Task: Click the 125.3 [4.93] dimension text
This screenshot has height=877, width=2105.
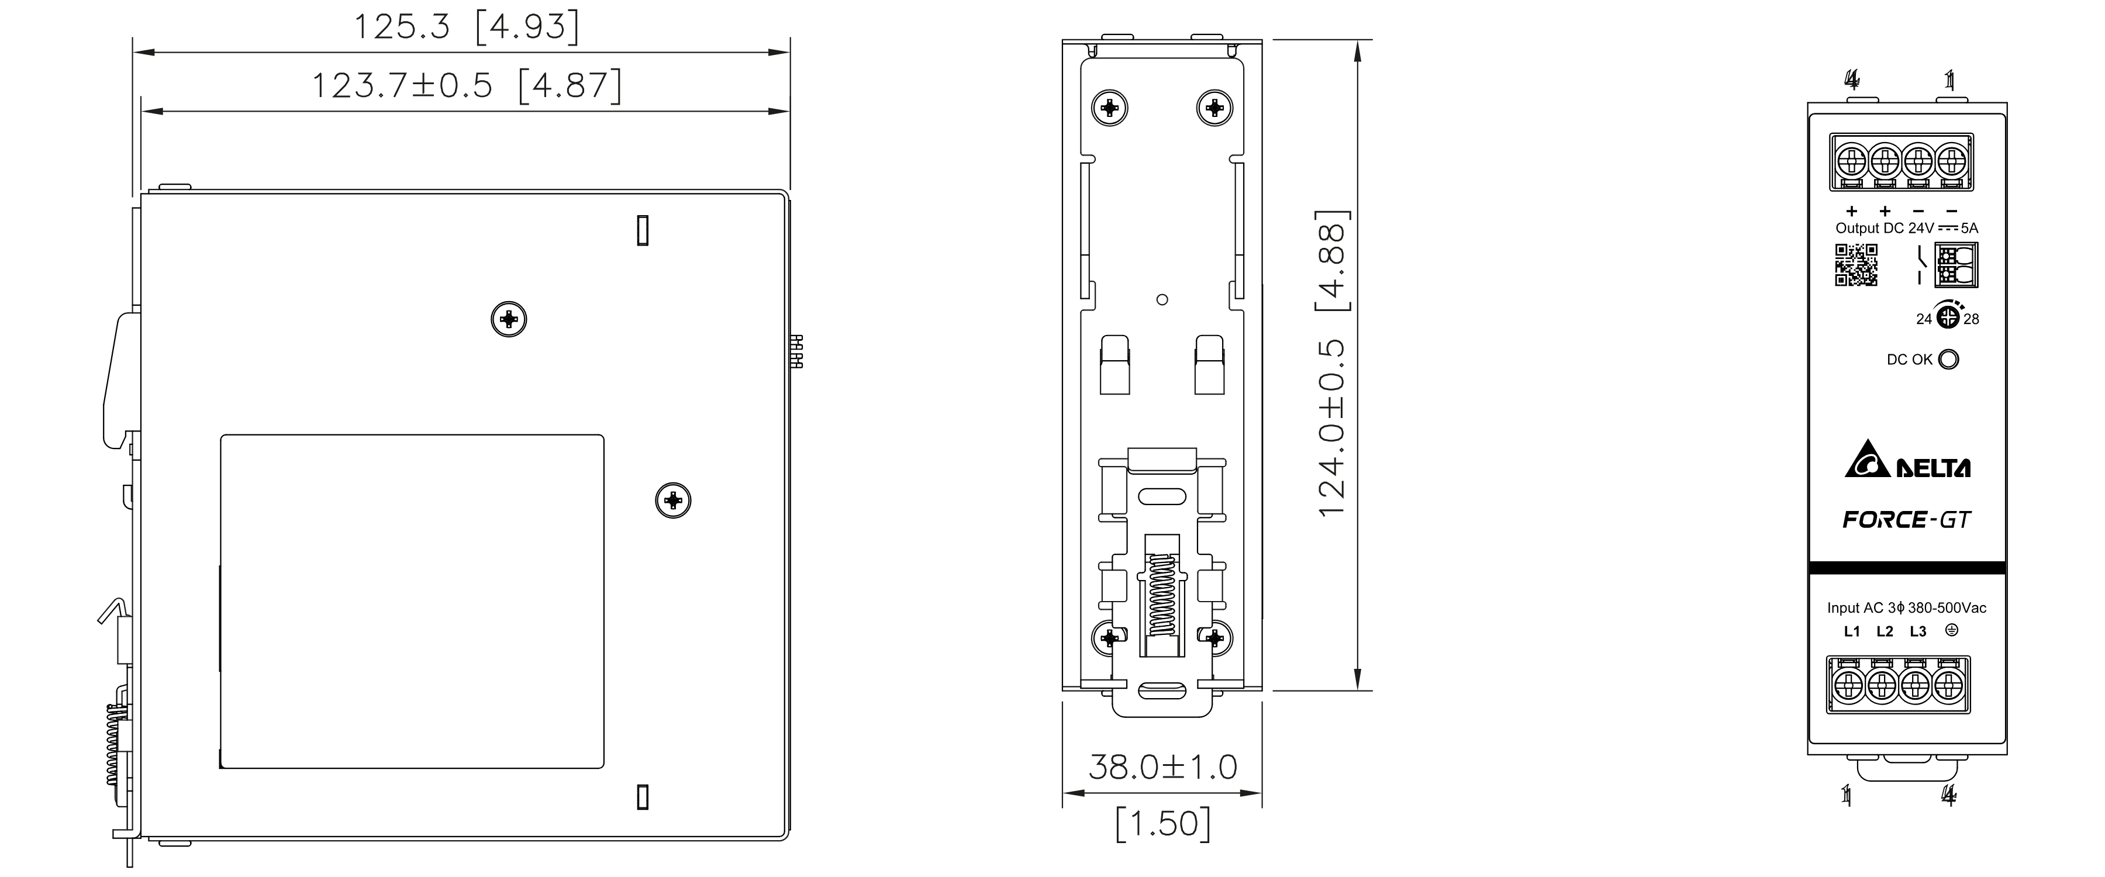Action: (467, 27)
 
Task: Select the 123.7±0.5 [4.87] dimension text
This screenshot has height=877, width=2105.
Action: (467, 85)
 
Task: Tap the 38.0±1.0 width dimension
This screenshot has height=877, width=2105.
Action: (1163, 766)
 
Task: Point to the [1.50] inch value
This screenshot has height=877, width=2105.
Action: (1163, 824)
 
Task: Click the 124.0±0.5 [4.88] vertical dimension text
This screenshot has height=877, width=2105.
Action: (1332, 364)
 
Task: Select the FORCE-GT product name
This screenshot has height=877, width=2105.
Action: (1906, 520)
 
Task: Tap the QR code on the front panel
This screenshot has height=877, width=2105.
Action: (1856, 265)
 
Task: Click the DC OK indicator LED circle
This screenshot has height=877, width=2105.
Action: (1949, 359)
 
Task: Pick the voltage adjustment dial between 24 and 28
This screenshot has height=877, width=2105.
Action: (1948, 316)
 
